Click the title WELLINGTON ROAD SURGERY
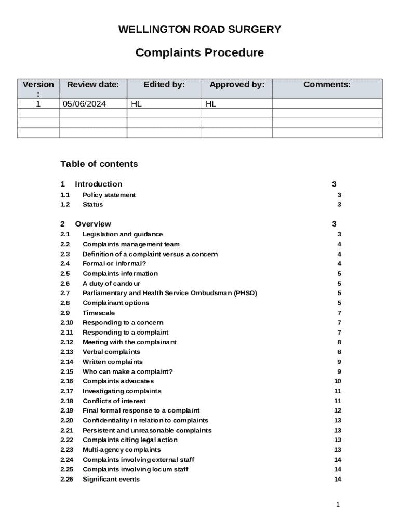(x=199, y=30)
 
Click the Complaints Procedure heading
(x=199, y=53)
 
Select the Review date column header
(x=93, y=85)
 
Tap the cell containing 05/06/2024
(x=84, y=104)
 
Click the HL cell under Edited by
(x=136, y=104)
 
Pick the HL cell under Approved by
(x=211, y=104)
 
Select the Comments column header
(x=327, y=85)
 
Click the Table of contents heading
(x=99, y=164)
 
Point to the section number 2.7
(x=65, y=294)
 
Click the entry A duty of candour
(x=111, y=284)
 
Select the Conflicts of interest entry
(x=114, y=401)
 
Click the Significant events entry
(x=111, y=480)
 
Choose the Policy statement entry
(x=109, y=195)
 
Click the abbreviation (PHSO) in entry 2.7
(x=245, y=294)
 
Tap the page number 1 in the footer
(x=338, y=504)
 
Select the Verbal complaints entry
(x=111, y=352)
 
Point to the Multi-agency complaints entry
(x=122, y=450)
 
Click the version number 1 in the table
(x=38, y=104)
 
